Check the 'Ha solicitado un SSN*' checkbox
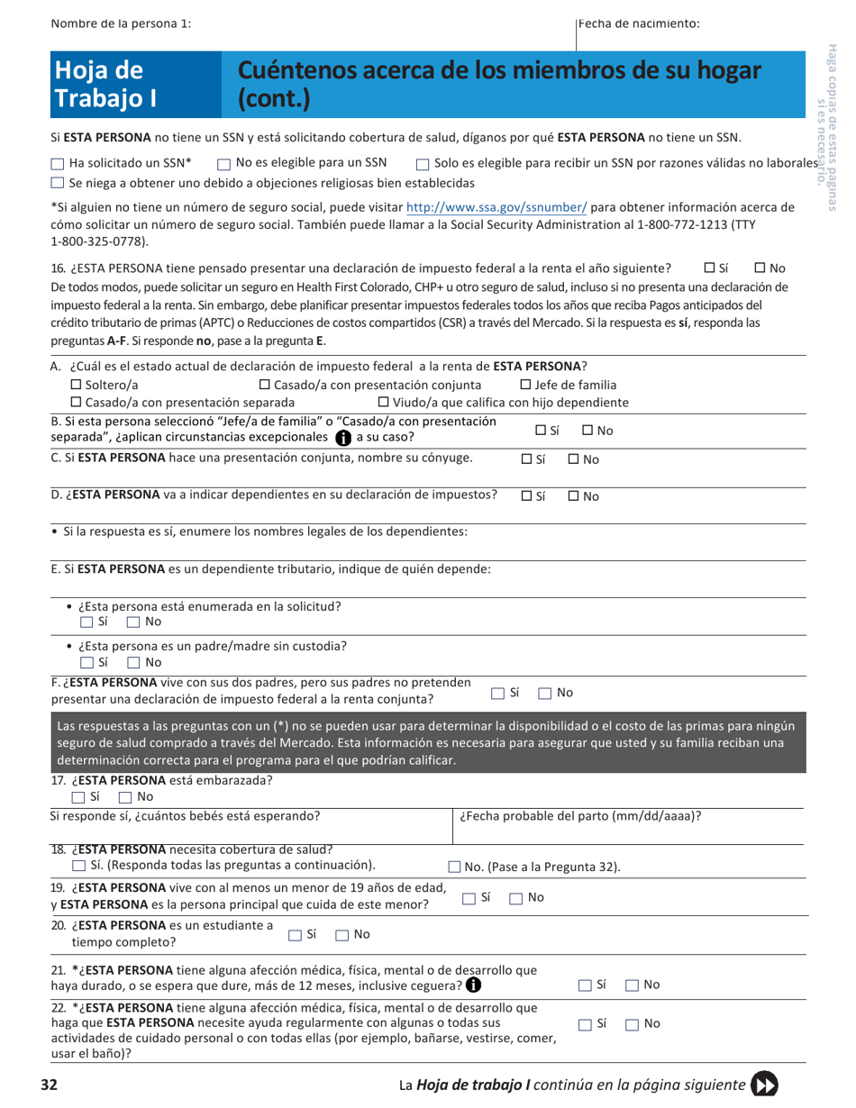click(x=58, y=164)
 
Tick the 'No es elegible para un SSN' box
click(x=223, y=164)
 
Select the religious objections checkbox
click(x=58, y=183)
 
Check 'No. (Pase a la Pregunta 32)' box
click(x=456, y=867)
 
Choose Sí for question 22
click(x=585, y=1024)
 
